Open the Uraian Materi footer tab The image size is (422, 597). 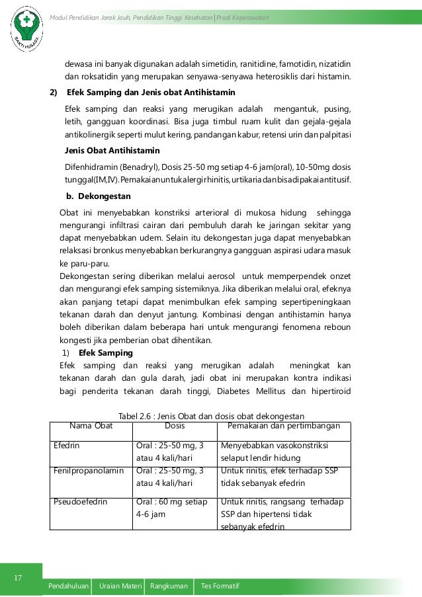[120, 587]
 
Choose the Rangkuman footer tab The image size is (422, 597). [171, 587]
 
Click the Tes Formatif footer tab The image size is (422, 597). [220, 587]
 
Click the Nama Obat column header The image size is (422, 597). [91, 426]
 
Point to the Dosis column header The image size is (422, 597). [174, 426]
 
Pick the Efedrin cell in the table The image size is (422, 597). [67, 446]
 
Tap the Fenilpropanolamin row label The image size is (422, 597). [89, 471]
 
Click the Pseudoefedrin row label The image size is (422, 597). [81, 502]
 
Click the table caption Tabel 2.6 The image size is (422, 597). [210, 417]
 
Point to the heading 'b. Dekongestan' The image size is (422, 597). [99, 196]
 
